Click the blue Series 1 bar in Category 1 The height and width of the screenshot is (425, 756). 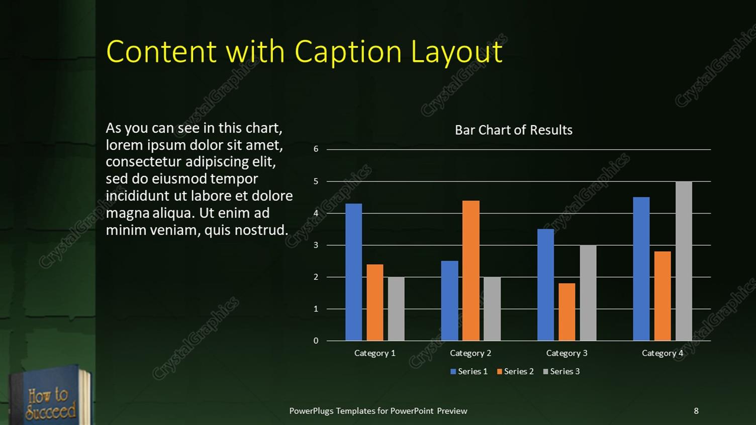click(x=353, y=272)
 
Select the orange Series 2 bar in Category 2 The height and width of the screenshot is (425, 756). click(x=470, y=270)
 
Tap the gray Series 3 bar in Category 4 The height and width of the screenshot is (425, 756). click(x=684, y=261)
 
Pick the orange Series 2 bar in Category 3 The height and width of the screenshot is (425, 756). click(x=566, y=312)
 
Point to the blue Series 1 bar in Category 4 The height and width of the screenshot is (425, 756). click(x=641, y=269)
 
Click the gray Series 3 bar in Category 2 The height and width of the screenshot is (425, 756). click(x=492, y=308)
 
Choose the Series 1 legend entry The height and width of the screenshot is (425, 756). click(x=469, y=371)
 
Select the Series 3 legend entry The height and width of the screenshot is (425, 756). click(x=561, y=371)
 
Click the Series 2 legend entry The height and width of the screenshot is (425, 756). click(x=515, y=371)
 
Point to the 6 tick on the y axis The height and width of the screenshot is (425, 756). click(x=316, y=149)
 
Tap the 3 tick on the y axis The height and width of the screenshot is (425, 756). click(x=316, y=245)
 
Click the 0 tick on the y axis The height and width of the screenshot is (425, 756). click(x=316, y=341)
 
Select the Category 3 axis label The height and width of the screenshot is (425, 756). click(x=566, y=353)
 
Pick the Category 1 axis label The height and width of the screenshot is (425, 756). click(x=374, y=353)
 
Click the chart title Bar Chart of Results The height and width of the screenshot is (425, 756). click(x=513, y=130)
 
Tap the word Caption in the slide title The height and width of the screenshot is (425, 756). click(x=348, y=52)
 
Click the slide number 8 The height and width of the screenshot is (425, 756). click(x=696, y=411)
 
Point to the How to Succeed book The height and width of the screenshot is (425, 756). click(x=50, y=397)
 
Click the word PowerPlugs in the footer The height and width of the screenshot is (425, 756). click(x=311, y=411)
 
